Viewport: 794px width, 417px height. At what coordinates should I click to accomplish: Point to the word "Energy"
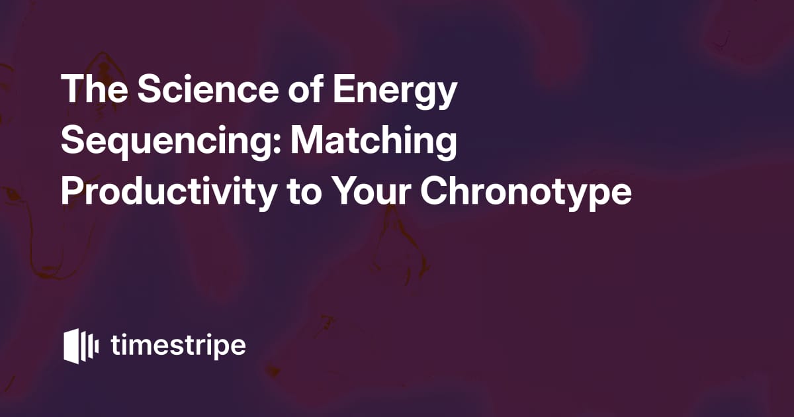coord(394,91)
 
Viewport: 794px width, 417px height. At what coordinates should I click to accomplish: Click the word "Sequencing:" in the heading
coord(171,142)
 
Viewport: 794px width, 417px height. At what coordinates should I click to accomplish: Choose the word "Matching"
coord(374,142)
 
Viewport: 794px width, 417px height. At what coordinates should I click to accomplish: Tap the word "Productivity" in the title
coord(169,193)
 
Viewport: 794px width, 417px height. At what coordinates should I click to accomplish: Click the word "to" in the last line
coord(304,193)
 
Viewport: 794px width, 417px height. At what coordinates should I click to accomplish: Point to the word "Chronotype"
coord(526,193)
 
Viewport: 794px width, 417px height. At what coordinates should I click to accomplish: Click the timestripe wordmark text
coord(178,346)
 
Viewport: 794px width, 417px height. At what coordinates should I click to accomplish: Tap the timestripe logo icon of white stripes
coord(81,346)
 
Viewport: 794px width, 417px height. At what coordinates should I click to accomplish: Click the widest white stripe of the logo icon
coord(71,346)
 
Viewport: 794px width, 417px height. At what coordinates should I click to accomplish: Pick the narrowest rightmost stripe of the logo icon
coord(97,346)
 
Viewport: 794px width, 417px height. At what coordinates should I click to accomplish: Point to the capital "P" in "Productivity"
coord(73,191)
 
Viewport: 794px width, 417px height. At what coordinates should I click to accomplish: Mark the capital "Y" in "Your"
coord(347,191)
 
